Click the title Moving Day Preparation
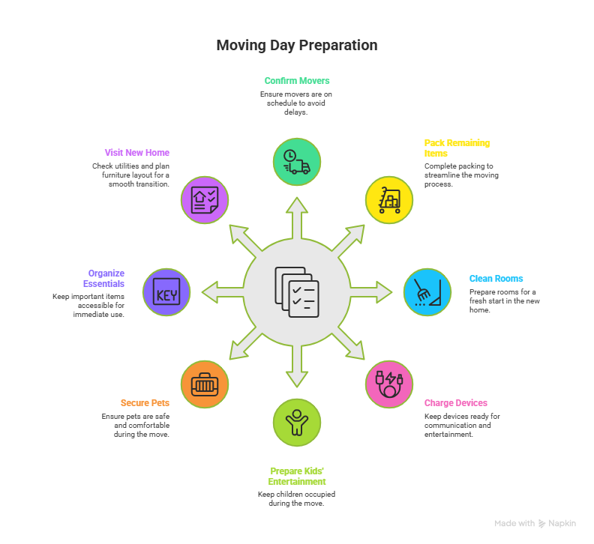(296, 46)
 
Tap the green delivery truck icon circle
(296, 162)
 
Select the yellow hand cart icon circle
(389, 200)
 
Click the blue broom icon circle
(427, 292)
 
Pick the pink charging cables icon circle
(389, 384)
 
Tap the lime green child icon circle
(296, 422)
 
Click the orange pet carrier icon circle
(204, 384)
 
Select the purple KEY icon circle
(166, 292)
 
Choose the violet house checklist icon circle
(204, 200)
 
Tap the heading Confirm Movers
(296, 80)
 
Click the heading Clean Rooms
(496, 278)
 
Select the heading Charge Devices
(455, 402)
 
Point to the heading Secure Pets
(145, 402)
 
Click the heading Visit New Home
(136, 152)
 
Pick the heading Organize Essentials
(106, 278)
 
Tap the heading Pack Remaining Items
(456, 148)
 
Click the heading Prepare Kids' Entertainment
(296, 477)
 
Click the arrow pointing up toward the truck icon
(296, 217)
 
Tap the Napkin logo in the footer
(556, 524)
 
